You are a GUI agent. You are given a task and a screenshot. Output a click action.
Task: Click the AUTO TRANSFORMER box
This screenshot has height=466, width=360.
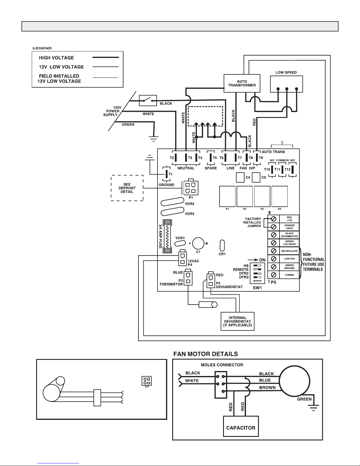[x=242, y=83]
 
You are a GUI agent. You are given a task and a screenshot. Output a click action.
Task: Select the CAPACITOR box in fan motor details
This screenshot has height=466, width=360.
[x=241, y=426]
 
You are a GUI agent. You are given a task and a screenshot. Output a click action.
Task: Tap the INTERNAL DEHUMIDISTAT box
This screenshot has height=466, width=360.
[x=237, y=321]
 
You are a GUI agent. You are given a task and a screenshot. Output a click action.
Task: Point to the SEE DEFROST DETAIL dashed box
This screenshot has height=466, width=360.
[x=127, y=188]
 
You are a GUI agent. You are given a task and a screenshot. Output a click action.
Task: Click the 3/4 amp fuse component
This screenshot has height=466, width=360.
[x=167, y=236]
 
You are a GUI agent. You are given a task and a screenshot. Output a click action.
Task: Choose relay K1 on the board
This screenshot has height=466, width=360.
[x=227, y=196]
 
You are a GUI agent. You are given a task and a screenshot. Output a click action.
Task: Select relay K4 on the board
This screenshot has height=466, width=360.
[x=279, y=196]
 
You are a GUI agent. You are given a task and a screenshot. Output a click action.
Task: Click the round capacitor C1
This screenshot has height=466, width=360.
[x=198, y=243]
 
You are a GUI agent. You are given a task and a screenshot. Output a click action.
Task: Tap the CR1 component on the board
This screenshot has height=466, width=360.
[x=222, y=245]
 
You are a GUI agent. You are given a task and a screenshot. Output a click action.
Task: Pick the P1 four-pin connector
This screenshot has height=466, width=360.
[x=191, y=188]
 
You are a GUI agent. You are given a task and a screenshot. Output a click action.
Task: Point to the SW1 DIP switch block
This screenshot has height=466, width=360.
[x=257, y=273]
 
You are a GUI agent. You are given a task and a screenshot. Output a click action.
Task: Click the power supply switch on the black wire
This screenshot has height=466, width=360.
[x=148, y=101]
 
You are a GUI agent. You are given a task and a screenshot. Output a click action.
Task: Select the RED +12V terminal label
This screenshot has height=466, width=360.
[x=289, y=219]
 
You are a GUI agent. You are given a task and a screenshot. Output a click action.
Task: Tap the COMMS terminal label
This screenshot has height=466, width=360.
[x=289, y=275]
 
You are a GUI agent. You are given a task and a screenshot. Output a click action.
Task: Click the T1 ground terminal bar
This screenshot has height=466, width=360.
[x=167, y=174]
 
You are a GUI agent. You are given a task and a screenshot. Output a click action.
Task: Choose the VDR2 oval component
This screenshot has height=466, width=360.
[x=173, y=202]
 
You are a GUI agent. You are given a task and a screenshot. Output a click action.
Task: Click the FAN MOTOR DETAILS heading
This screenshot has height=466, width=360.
[x=205, y=354]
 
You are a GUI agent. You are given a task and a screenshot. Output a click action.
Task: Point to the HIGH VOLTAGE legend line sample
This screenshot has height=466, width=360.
[x=106, y=57]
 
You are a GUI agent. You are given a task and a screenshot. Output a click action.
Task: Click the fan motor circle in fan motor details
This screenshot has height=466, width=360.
[x=294, y=381]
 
